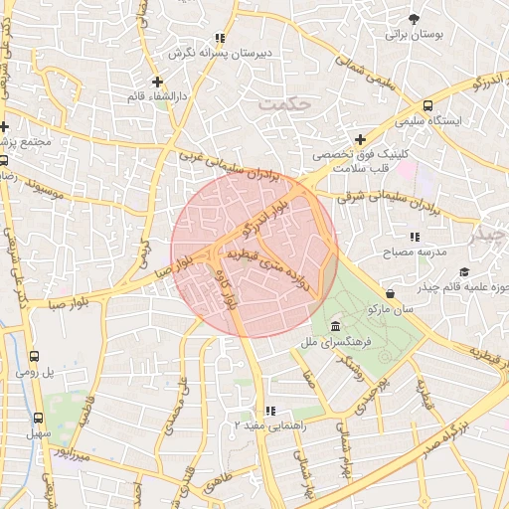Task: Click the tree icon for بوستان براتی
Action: point(414,18)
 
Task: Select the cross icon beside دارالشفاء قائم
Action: point(156,81)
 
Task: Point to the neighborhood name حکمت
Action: point(283,101)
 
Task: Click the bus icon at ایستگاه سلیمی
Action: point(427,105)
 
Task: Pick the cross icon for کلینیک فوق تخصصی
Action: point(360,139)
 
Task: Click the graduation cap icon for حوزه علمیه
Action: point(464,272)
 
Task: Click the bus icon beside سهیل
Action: point(39,419)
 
